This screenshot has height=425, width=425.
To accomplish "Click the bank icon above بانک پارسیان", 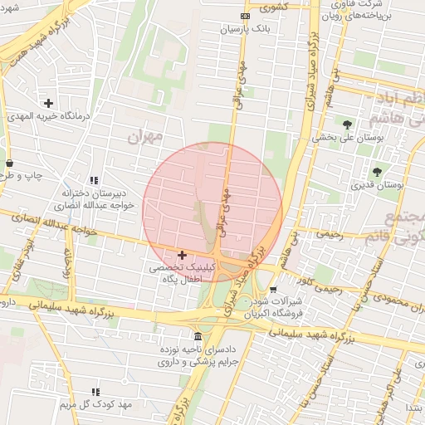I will (x=244, y=16).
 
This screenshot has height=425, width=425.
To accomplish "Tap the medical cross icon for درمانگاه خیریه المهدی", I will (x=49, y=104).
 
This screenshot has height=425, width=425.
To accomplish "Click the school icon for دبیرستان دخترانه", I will (x=94, y=180).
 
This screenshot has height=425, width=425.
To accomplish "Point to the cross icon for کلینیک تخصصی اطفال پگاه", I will (x=182, y=255).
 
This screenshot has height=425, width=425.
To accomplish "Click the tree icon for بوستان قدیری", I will (x=378, y=172).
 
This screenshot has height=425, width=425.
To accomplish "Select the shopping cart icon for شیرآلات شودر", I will (x=273, y=290).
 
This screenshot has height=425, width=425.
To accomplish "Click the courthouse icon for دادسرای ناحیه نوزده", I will (x=198, y=336).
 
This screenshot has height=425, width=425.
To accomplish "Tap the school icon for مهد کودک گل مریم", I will (x=94, y=391).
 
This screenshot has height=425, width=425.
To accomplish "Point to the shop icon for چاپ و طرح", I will (x=9, y=163).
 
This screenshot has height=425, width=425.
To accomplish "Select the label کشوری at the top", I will (x=273, y=8).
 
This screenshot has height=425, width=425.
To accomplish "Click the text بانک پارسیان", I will (x=246, y=29).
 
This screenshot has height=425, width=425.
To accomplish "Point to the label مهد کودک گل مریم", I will (x=85, y=404).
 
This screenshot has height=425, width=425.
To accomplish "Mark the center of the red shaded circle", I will (x=212, y=212).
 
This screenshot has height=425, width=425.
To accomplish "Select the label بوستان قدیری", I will (x=378, y=186).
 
